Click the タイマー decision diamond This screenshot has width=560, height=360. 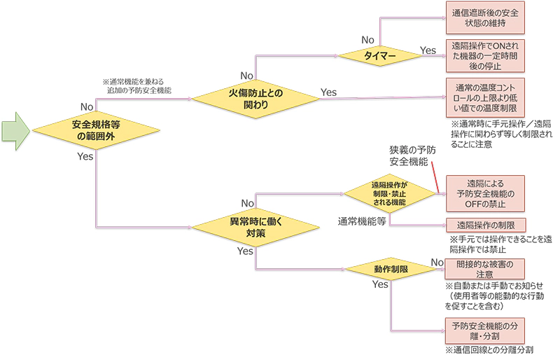point(380,55)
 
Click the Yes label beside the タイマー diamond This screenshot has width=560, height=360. point(428,50)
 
